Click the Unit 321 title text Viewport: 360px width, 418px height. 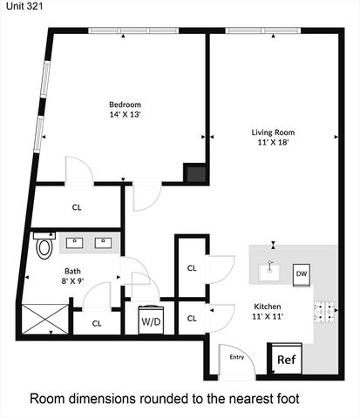tap(20, 6)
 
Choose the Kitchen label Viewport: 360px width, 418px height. tap(268, 307)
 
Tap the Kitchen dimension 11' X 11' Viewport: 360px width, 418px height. tap(268, 319)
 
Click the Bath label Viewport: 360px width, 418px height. tap(72, 271)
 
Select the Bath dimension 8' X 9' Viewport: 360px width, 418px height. tap(72, 282)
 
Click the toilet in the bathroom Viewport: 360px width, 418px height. tap(44, 246)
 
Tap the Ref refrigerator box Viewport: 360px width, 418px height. tap(286, 359)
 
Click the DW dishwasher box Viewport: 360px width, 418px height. tap(302, 274)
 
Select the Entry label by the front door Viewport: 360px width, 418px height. tap(237, 356)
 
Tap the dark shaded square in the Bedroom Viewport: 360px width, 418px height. tap(195, 173)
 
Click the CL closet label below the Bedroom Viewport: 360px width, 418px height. tap(78, 207)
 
